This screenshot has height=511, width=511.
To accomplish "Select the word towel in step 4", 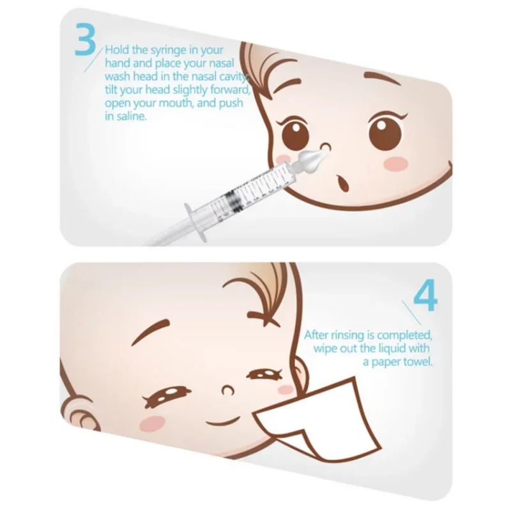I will (x=416, y=362).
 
